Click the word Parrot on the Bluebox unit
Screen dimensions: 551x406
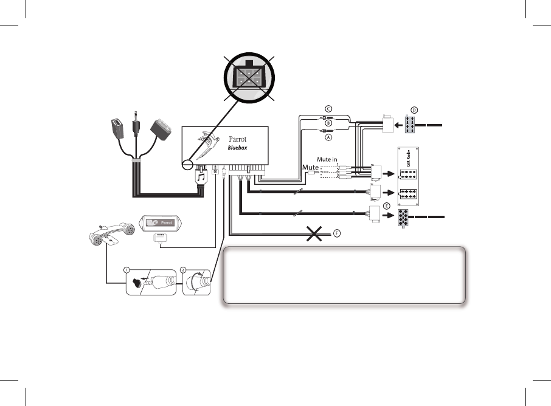(x=238, y=139)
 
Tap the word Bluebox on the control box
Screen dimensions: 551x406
(x=237, y=148)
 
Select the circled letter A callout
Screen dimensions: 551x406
(x=328, y=137)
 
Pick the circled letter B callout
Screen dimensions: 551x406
(x=328, y=123)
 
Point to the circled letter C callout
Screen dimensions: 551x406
(x=328, y=109)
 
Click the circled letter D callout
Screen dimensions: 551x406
(x=414, y=110)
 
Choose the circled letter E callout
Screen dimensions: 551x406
(x=387, y=206)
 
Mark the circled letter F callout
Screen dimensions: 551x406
(x=337, y=233)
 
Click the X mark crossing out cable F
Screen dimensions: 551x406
(x=314, y=233)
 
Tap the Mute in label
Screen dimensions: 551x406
(x=327, y=159)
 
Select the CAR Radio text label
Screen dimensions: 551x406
(x=408, y=159)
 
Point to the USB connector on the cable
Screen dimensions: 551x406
(x=118, y=129)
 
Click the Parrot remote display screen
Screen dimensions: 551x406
(x=161, y=222)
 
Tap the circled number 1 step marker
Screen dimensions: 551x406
(x=126, y=270)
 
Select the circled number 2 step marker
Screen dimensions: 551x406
(x=182, y=270)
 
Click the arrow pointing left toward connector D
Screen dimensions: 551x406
(x=398, y=125)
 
